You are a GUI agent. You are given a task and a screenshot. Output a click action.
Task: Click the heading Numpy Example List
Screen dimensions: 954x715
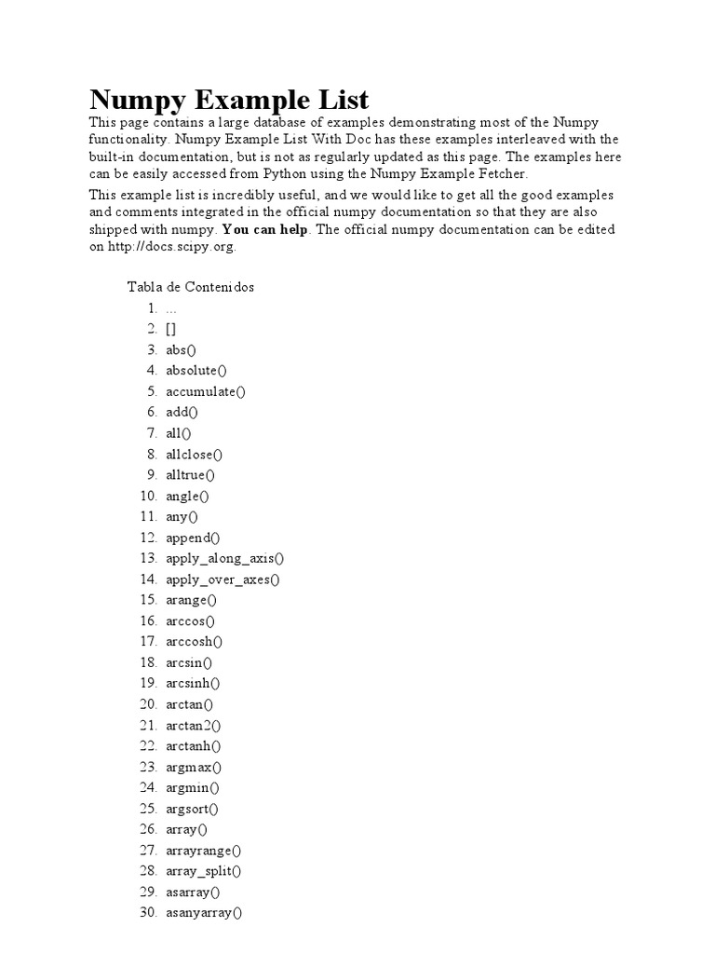(229, 100)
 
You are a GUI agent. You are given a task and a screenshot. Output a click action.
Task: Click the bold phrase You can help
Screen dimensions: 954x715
(265, 229)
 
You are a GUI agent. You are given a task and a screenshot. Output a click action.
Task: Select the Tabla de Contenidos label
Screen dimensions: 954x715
(190, 287)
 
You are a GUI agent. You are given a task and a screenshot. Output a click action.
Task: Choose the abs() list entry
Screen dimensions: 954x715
(182, 349)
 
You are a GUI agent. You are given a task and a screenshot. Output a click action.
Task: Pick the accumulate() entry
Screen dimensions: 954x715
(206, 391)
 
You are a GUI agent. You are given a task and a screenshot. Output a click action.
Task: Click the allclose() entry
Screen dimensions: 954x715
(195, 454)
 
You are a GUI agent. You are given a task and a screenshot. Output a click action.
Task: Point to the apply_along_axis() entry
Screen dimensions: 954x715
(225, 558)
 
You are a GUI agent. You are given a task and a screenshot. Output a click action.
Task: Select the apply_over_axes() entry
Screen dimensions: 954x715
(223, 579)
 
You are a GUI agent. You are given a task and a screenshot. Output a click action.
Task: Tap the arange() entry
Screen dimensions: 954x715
(191, 600)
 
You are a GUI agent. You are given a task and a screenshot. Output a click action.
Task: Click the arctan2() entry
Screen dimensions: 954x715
(194, 725)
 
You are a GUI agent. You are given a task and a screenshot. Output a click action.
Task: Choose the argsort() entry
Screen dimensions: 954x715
(193, 809)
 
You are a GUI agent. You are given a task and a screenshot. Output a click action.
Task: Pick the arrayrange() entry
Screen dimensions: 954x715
(203, 850)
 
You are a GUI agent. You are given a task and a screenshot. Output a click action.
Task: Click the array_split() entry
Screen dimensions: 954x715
(203, 871)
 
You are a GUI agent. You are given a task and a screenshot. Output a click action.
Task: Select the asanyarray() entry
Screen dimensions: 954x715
(204, 913)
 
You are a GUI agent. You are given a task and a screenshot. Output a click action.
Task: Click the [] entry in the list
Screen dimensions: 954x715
(171, 329)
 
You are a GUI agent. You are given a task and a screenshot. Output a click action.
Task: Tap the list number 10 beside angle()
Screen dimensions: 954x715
(148, 496)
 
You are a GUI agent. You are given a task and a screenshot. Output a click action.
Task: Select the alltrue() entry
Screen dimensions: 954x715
(190, 475)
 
